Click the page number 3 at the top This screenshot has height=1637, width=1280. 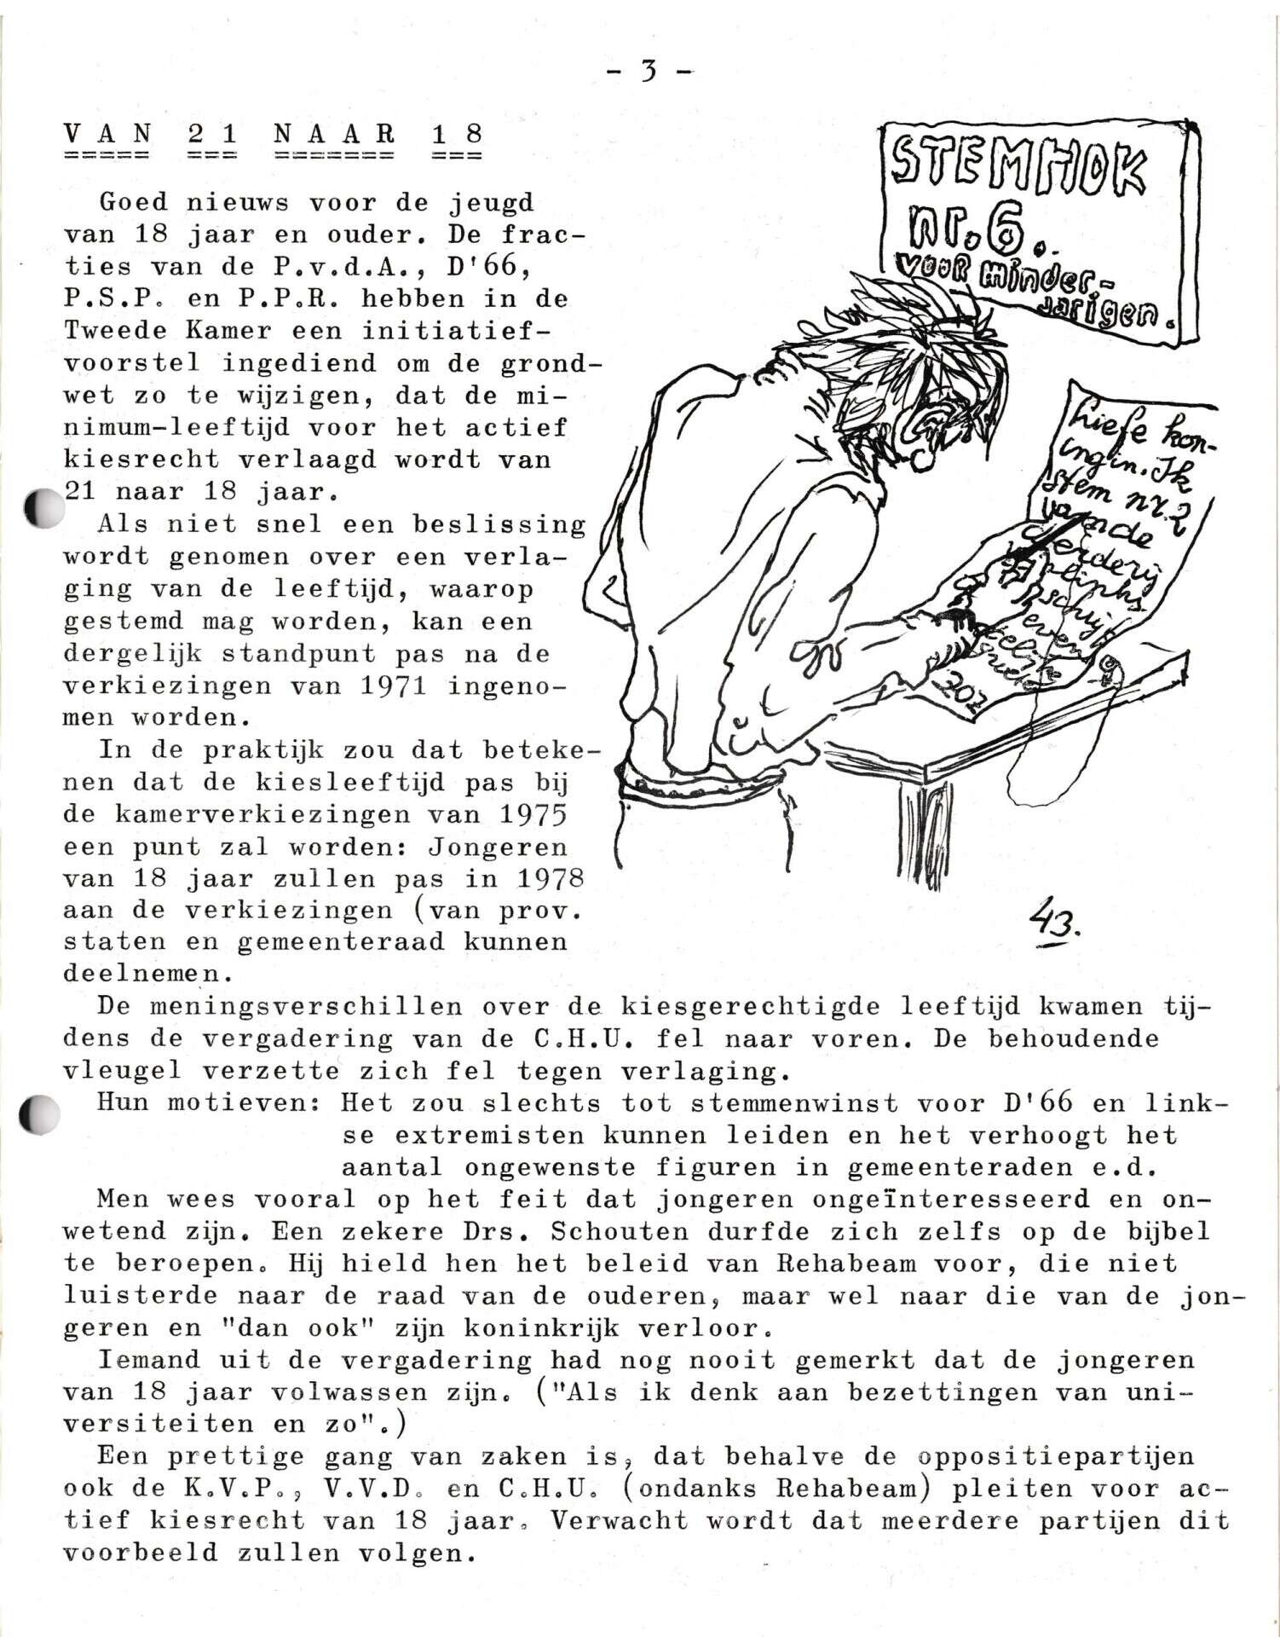pyautogui.click(x=649, y=72)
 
